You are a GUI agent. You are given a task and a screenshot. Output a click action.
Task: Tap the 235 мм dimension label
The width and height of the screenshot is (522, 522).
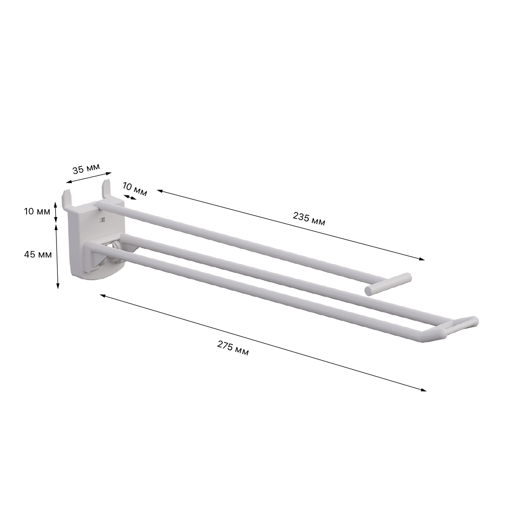[x=309, y=219]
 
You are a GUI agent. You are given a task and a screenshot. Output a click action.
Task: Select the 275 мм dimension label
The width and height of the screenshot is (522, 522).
[x=233, y=348]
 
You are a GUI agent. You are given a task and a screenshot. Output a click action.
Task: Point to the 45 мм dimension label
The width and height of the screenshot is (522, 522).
[x=38, y=254]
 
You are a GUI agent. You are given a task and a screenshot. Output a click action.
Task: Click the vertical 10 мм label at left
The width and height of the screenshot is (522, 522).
[x=37, y=211]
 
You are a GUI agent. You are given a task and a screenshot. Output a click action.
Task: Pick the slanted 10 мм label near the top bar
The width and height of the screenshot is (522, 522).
[x=135, y=189]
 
